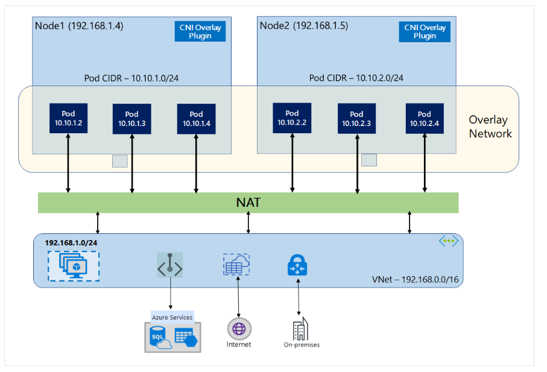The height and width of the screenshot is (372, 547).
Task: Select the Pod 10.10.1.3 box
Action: pyautogui.click(x=131, y=119)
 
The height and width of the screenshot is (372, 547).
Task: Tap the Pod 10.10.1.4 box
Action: pyautogui.click(x=196, y=119)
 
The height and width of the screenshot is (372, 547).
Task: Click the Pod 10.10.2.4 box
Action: pyautogui.click(x=425, y=119)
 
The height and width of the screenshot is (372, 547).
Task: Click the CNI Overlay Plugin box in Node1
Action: pyautogui.click(x=200, y=31)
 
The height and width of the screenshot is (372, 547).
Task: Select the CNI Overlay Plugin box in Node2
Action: pyautogui.click(x=425, y=31)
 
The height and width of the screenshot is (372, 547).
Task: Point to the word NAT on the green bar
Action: pyautogui.click(x=248, y=203)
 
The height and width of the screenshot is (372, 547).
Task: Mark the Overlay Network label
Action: pyautogui.click(x=490, y=127)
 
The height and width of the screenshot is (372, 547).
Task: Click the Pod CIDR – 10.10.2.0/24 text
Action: pyautogui.click(x=356, y=78)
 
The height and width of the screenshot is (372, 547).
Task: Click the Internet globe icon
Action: pyautogui.click(x=239, y=329)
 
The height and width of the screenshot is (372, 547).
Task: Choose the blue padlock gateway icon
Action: pyautogui.click(x=298, y=266)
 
